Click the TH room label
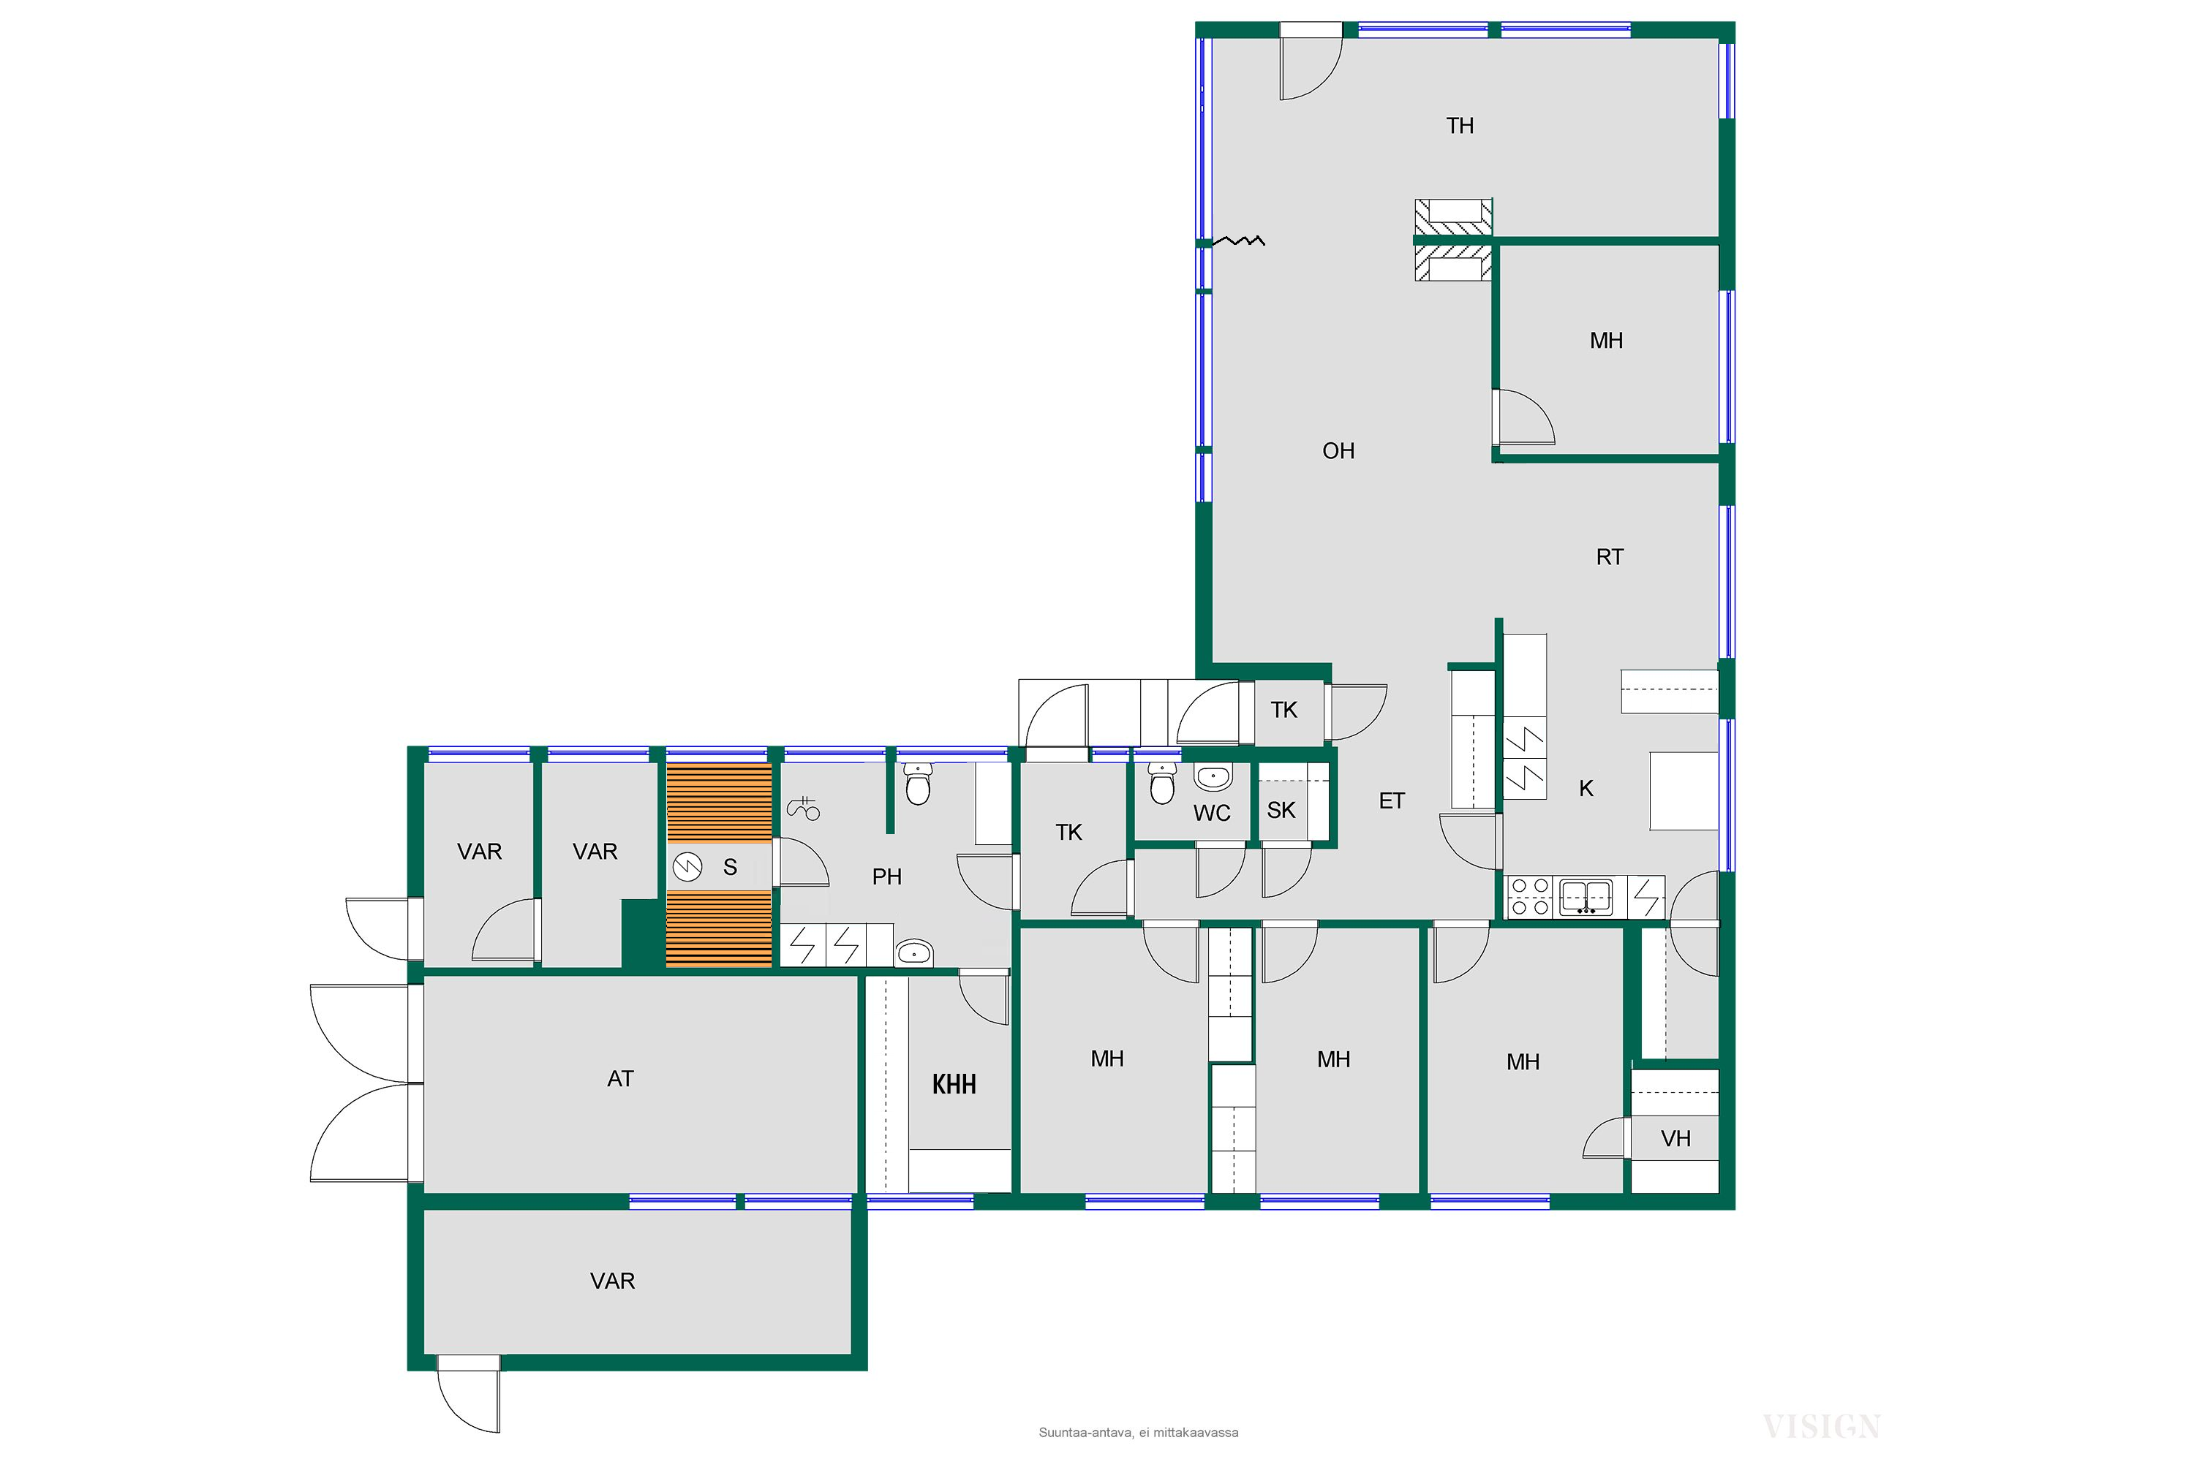coord(1460,126)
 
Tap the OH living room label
coord(1338,451)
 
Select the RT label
coord(1610,558)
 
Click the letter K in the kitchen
coord(1586,789)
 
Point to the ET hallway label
coord(1392,801)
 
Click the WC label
coord(1212,813)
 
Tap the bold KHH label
coord(954,1084)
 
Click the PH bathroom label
coord(887,876)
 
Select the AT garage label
coord(620,1079)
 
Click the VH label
coord(1676,1138)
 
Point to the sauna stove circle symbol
coord(687,867)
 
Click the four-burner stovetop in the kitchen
coord(1530,896)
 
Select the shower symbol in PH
coord(803,808)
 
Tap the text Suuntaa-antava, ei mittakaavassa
coord(1138,1432)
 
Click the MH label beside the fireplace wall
coord(1606,341)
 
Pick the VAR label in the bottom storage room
coord(613,1281)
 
